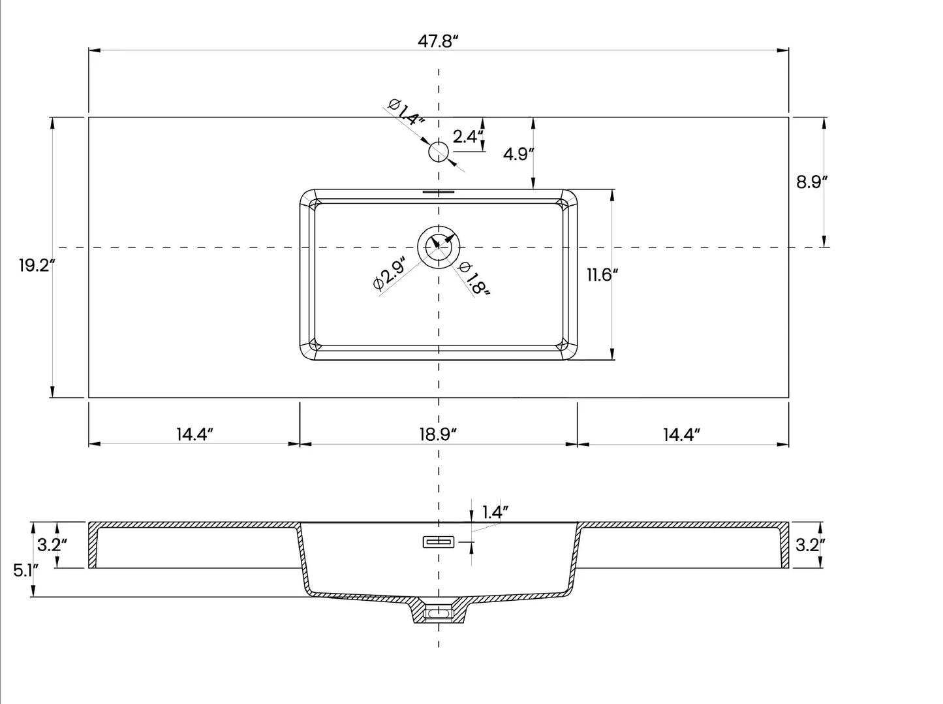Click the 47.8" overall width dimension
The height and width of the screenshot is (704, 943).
pos(439,42)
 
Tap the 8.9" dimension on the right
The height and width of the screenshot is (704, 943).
pos(812,182)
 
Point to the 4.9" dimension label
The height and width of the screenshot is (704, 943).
pos(519,154)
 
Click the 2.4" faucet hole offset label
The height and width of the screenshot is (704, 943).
pos(468,136)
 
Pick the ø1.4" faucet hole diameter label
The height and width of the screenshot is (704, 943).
pos(406,112)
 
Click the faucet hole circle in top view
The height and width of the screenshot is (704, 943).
pos(439,152)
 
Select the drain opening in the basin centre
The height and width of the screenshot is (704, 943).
pos(439,247)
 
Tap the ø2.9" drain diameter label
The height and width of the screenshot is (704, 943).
pos(390,274)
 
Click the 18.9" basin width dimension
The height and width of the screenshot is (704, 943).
pos(437,434)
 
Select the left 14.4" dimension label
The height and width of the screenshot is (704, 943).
pos(194,434)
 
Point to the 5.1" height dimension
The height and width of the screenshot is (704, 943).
pos(25,570)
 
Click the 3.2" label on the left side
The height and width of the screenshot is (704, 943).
pos(52,545)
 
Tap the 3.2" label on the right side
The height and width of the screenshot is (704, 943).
pos(808,545)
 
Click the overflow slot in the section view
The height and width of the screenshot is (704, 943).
pos(439,541)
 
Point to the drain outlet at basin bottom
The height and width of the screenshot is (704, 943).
pos(439,613)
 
